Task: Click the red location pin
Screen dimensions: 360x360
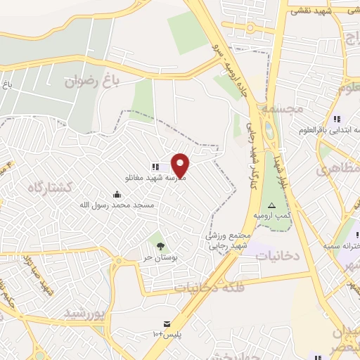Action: (181, 165)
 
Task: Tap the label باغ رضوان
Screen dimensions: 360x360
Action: (89, 81)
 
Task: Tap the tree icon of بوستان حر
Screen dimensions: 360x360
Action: (161, 245)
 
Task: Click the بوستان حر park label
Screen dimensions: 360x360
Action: (157, 258)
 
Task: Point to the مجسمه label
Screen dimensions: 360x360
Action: (281, 110)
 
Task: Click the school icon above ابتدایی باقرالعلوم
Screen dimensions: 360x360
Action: (337, 119)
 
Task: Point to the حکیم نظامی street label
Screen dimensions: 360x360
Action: (10, 295)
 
